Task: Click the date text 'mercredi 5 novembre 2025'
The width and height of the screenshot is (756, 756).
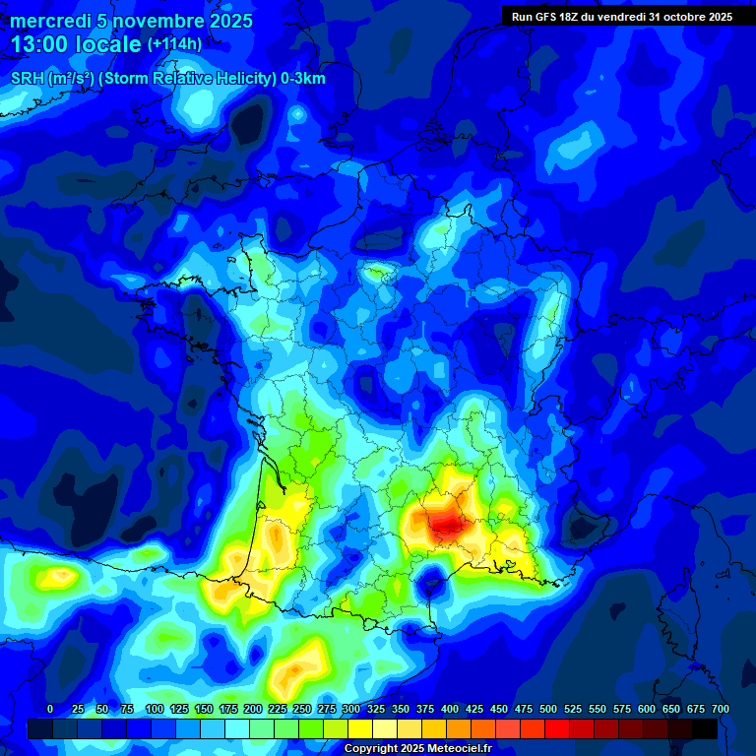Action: coord(131,21)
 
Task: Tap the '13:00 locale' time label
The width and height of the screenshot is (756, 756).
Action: coord(77,44)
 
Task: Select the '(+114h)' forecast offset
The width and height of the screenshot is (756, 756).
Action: coord(174,43)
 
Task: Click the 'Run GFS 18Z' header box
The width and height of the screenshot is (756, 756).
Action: coord(621,17)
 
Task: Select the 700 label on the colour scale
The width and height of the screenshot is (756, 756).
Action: coord(720,709)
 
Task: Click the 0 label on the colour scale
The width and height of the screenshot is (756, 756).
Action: coord(50,709)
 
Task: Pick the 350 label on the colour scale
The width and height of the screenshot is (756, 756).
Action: coord(401,709)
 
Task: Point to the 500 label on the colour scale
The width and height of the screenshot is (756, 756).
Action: coord(548,709)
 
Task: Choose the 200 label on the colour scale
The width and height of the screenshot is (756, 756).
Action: coord(253,709)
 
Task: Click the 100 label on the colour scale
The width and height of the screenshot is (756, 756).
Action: coord(155,709)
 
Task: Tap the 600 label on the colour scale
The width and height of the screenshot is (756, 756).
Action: coord(647,709)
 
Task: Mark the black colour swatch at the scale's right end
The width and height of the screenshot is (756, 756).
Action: coord(704,728)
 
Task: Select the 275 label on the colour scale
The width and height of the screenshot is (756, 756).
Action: coord(327,709)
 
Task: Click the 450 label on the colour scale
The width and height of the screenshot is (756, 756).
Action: coord(499,709)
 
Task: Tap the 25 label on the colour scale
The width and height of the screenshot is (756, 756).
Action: coord(78,709)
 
